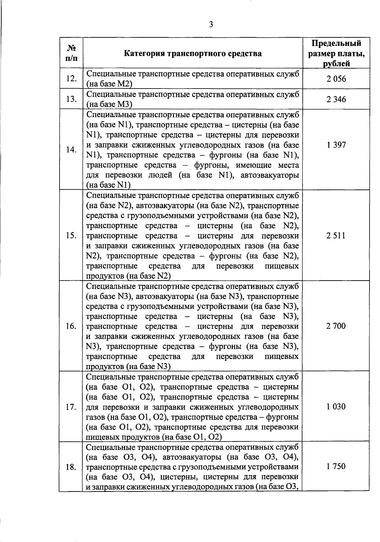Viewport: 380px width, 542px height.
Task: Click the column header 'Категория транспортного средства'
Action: (193, 53)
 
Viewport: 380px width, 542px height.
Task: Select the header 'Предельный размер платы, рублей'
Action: (336, 53)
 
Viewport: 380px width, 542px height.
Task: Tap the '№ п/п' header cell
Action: (71, 53)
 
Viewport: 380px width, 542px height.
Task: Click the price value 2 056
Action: (336, 79)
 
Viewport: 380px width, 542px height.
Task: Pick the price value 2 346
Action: (336, 99)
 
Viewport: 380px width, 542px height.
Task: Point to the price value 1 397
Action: (336, 145)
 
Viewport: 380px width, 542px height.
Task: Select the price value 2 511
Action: (336, 235)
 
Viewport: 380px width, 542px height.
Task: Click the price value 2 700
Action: (336, 326)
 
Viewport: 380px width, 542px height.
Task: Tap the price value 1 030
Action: (336, 406)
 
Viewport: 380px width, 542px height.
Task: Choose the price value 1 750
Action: (336, 466)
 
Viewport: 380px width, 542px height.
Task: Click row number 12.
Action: (71, 79)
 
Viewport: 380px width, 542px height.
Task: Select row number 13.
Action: (71, 99)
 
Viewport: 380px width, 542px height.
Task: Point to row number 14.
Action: (71, 150)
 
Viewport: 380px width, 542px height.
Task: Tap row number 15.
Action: (71, 235)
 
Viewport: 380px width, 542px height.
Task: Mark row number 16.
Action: (71, 326)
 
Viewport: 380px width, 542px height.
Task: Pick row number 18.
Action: (71, 467)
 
